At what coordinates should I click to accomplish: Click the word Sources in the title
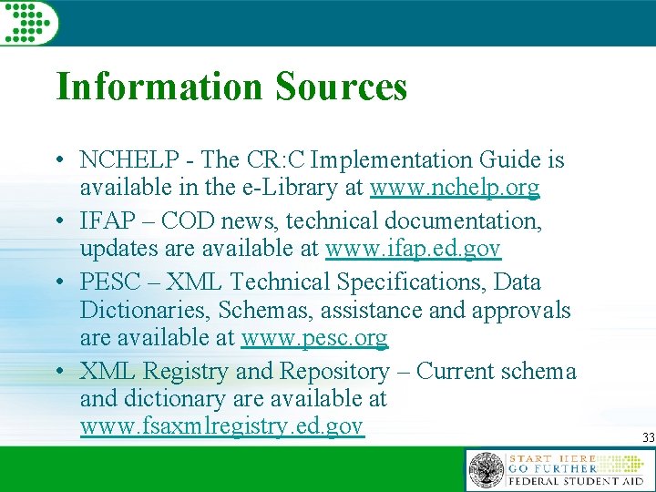pyautogui.click(x=341, y=87)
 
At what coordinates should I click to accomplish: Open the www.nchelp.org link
pyautogui.click(x=454, y=188)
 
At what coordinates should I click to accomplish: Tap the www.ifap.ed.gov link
pyautogui.click(x=413, y=248)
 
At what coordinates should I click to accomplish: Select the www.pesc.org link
pyautogui.click(x=314, y=338)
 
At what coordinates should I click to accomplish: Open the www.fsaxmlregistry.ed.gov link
pyautogui.click(x=221, y=426)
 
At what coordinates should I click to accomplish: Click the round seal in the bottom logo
pyautogui.click(x=486, y=470)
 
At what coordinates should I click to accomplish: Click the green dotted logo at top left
pyautogui.click(x=29, y=22)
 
